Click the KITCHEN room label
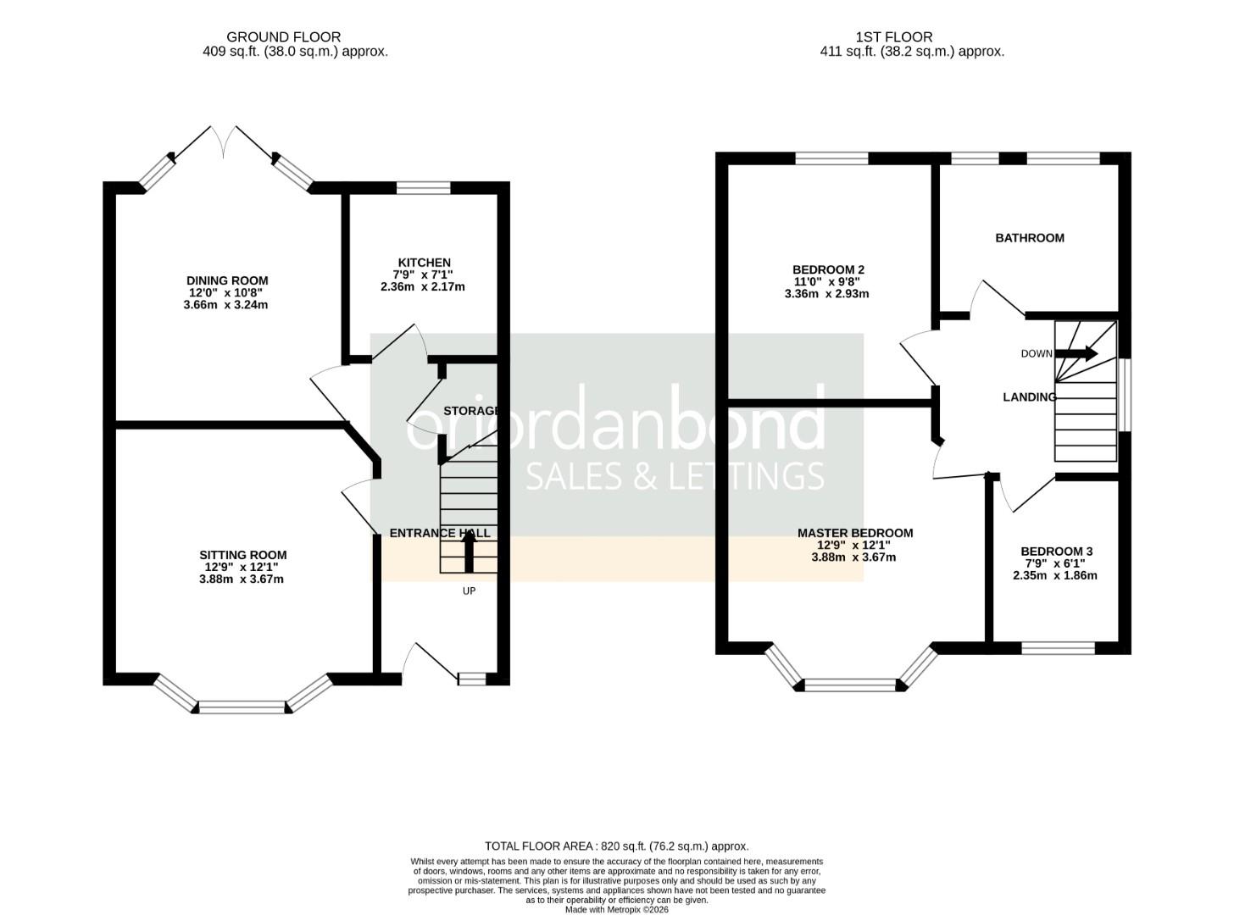pyautogui.click(x=424, y=263)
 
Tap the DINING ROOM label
pyautogui.click(x=227, y=280)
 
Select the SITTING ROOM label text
pyautogui.click(x=242, y=555)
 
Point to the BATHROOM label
pyautogui.click(x=1029, y=238)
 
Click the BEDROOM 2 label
pyautogui.click(x=828, y=269)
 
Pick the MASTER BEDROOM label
pyautogui.click(x=854, y=533)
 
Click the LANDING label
pyautogui.click(x=1029, y=396)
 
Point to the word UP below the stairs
pyautogui.click(x=469, y=591)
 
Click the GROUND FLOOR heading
pyautogui.click(x=283, y=37)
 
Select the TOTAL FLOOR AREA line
pyautogui.click(x=616, y=846)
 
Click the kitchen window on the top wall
pyautogui.click(x=423, y=188)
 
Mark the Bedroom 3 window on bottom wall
pyautogui.click(x=1058, y=648)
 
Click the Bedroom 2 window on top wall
pyautogui.click(x=831, y=158)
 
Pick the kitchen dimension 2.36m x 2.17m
pyautogui.click(x=422, y=286)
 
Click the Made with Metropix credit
pyautogui.click(x=616, y=909)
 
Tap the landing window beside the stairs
pyautogui.click(x=1125, y=396)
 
